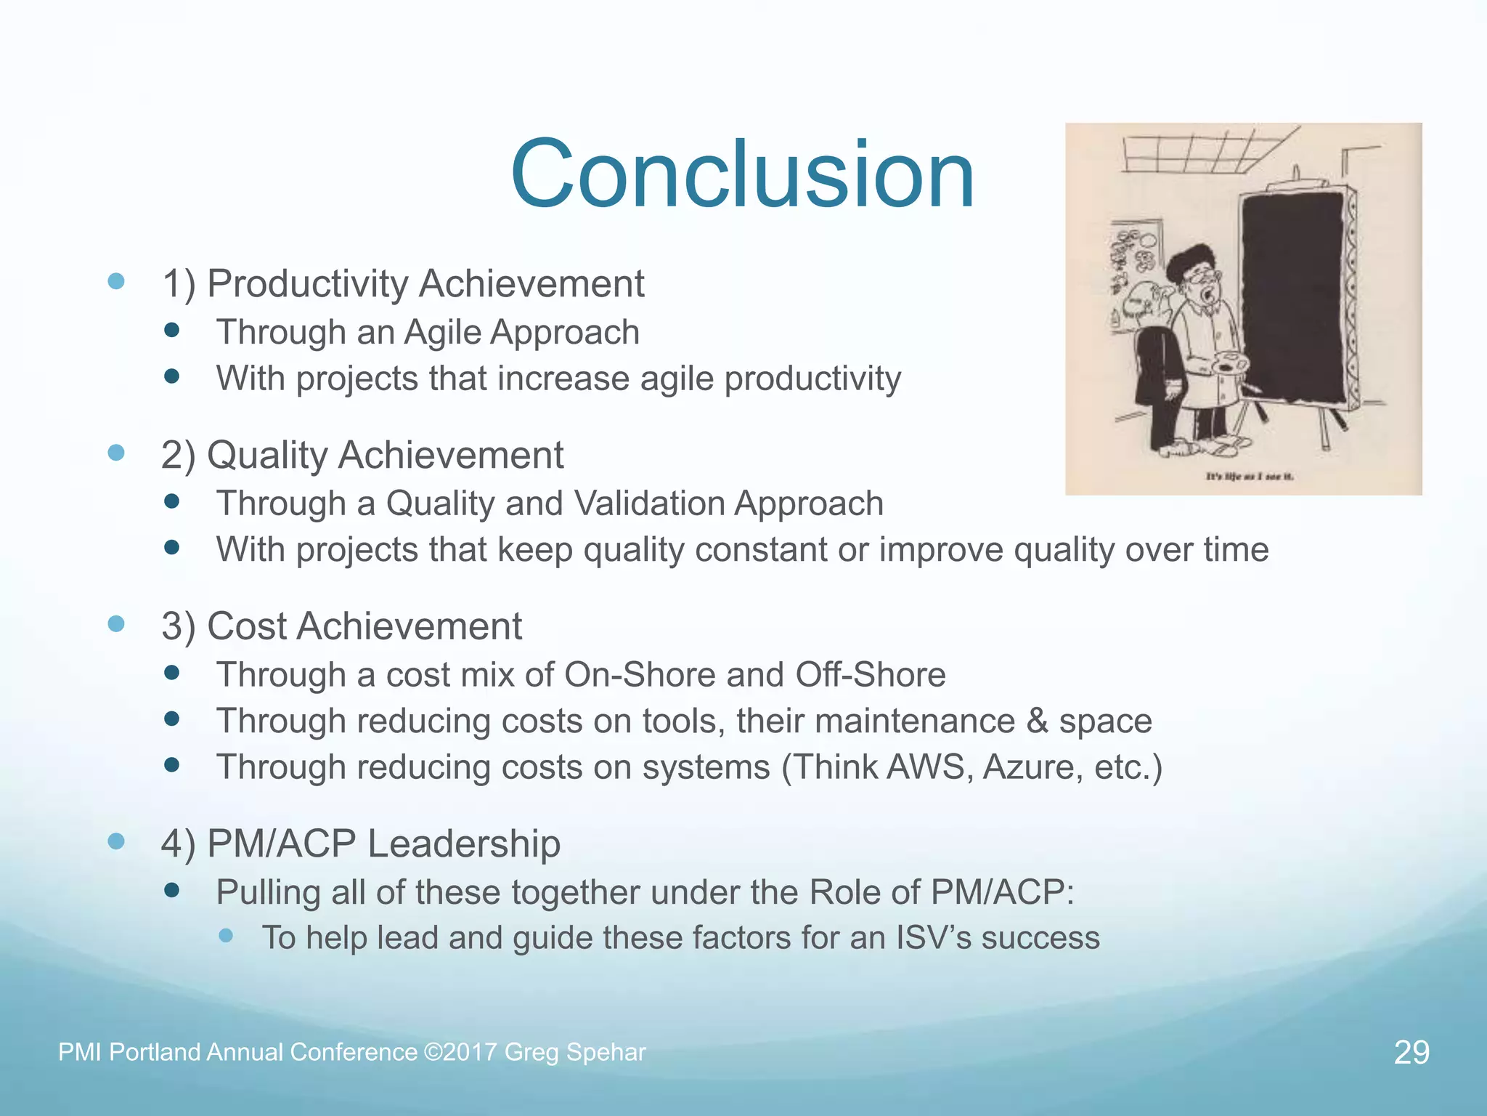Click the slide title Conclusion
coord(742,174)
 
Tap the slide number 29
coord(1411,1052)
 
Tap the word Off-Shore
coord(870,675)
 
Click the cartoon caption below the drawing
coord(1249,477)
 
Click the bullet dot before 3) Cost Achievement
coord(116,623)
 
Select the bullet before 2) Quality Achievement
coord(116,453)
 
